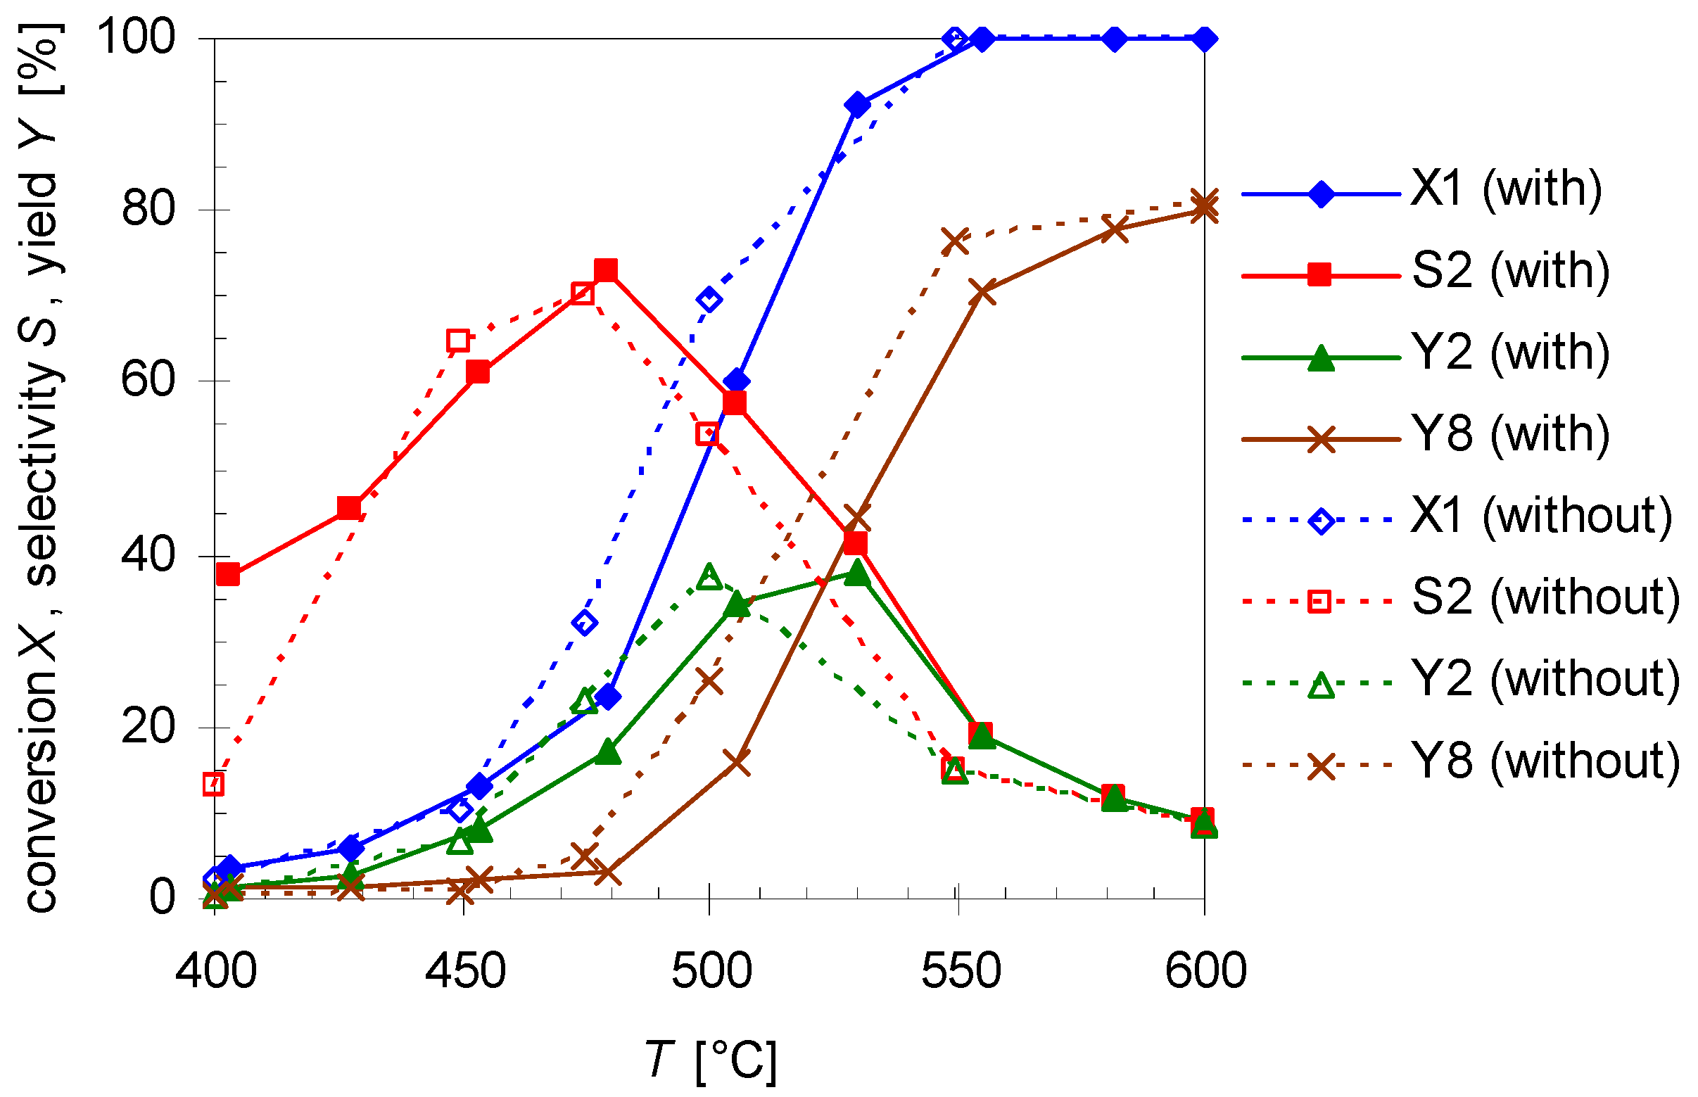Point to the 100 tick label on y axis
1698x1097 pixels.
pyautogui.click(x=135, y=37)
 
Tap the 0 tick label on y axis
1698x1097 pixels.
pyautogui.click(x=162, y=897)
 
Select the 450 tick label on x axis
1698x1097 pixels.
pyautogui.click(x=465, y=970)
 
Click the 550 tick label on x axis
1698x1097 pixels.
pyautogui.click(x=961, y=970)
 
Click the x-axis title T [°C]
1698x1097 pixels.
pyautogui.click(x=711, y=1060)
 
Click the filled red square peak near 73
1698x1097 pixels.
pyautogui.click(x=605, y=270)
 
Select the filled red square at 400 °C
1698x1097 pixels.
pyautogui.click(x=228, y=574)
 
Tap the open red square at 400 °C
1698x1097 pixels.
pyautogui.click(x=214, y=785)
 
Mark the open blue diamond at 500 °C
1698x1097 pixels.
pyautogui.click(x=709, y=299)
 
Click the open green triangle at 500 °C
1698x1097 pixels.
pyautogui.click(x=709, y=576)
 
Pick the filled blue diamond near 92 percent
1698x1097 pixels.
pyautogui.click(x=858, y=106)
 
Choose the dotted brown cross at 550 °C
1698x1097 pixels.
pyautogui.click(x=954, y=241)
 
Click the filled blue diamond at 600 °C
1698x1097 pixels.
pyautogui.click(x=1205, y=39)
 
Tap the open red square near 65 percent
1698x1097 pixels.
pyautogui.click(x=458, y=341)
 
